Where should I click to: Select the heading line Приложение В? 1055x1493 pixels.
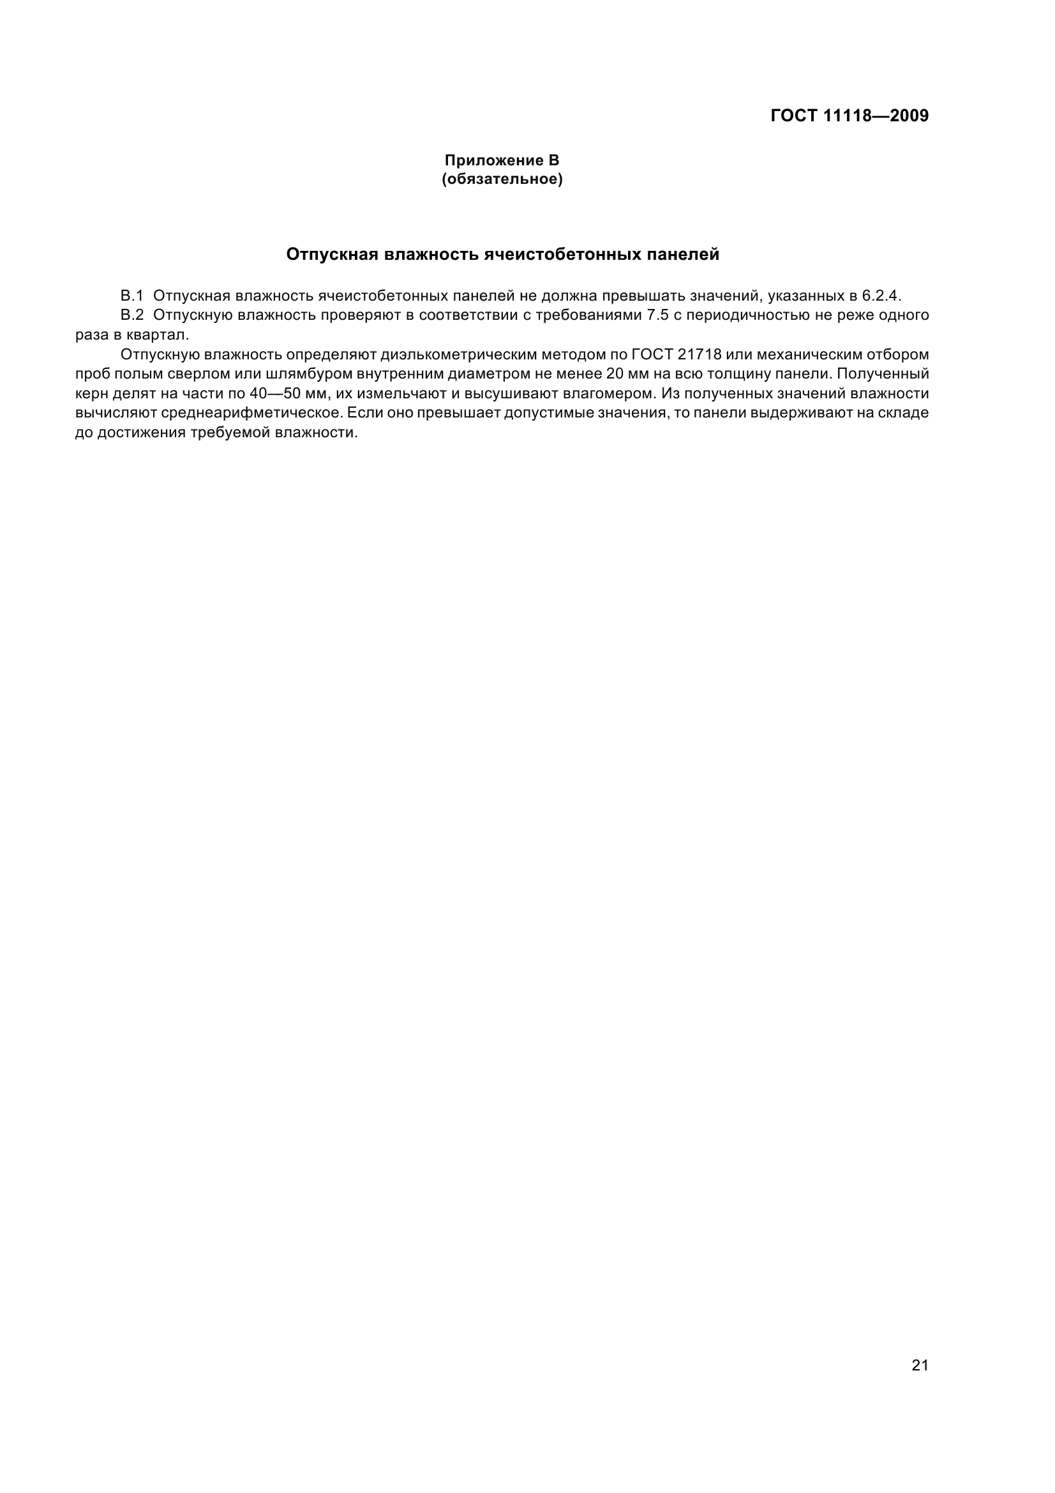(x=501, y=160)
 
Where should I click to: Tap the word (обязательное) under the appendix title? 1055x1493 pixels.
(x=502, y=179)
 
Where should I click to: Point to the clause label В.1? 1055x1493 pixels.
(x=131, y=296)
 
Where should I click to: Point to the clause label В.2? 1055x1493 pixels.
(x=131, y=315)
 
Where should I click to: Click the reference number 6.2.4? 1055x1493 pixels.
(x=881, y=296)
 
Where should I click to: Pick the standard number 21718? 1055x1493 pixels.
(x=700, y=354)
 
